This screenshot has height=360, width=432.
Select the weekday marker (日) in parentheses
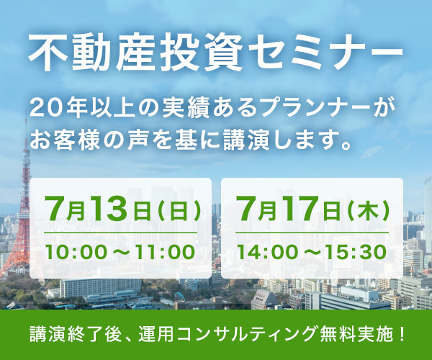pyautogui.click(x=179, y=211)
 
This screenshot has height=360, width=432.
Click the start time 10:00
pyautogui.click(x=76, y=252)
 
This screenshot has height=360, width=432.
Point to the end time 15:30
pyautogui.click(x=356, y=252)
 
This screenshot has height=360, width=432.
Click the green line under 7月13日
pyautogui.click(x=121, y=233)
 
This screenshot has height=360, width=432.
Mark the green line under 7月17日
pyautogui.click(x=312, y=233)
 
